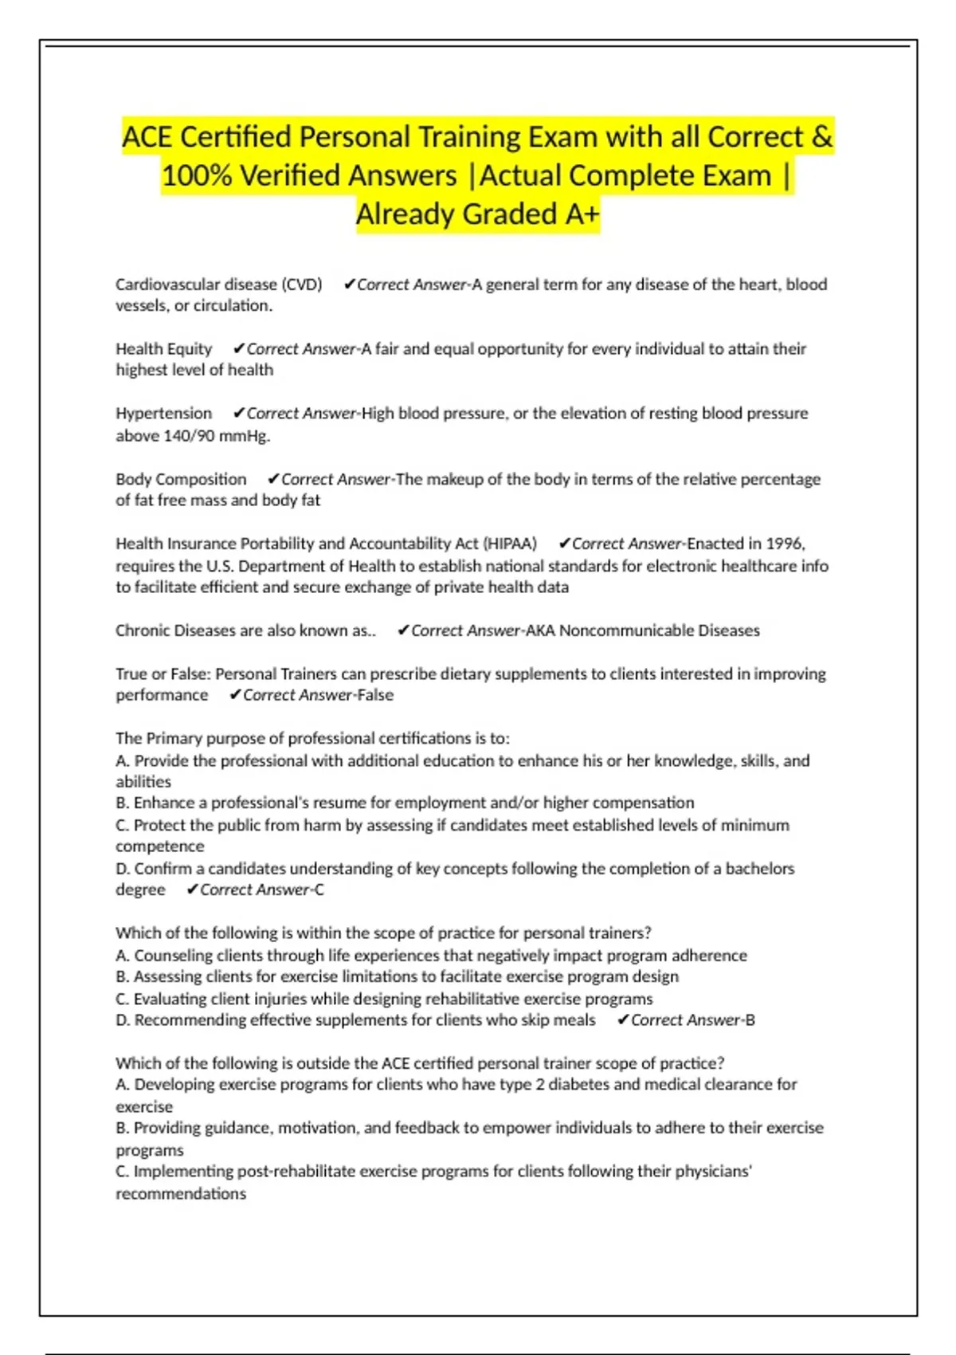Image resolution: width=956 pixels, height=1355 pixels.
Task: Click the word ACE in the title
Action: coord(147,137)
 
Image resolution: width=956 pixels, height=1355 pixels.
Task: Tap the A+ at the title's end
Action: coord(580,214)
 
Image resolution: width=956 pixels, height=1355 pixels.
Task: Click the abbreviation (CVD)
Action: coord(302,285)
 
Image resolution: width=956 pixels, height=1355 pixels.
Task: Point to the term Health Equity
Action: coord(163,349)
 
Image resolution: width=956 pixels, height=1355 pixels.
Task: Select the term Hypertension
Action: coord(163,414)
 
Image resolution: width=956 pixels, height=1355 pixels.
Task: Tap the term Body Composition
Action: coord(181,479)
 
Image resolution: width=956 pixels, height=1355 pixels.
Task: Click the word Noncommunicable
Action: coord(626,630)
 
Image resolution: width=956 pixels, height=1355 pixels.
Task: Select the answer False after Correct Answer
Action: coord(375,695)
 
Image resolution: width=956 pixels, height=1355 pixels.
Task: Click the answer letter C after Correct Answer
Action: coord(319,890)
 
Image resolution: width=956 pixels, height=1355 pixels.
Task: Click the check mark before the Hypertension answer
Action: coord(237,413)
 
